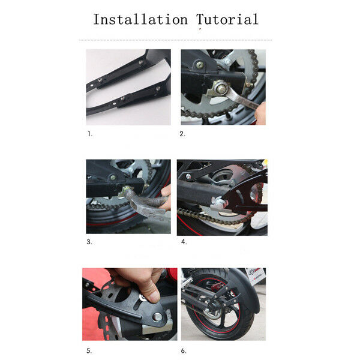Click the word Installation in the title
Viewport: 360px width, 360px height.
(x=140, y=19)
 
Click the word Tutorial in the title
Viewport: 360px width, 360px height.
(x=227, y=19)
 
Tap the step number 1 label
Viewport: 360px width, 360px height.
(x=90, y=134)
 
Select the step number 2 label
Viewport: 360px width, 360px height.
(x=182, y=134)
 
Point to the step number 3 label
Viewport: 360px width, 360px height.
(x=89, y=242)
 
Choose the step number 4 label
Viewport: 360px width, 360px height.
(x=184, y=242)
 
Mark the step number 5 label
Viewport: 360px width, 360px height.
(x=89, y=351)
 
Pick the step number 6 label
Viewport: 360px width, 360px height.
(x=184, y=351)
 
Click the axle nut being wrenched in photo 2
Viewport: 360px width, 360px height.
(x=221, y=89)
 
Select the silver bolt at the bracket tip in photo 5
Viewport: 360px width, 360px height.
(x=158, y=317)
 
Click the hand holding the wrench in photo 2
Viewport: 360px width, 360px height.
(x=261, y=113)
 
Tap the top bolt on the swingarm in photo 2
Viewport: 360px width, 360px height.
(x=200, y=65)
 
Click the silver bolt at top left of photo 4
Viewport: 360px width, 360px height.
(x=188, y=176)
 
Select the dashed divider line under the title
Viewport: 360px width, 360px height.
(x=176, y=40)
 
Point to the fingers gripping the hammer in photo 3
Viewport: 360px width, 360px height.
(x=166, y=197)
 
